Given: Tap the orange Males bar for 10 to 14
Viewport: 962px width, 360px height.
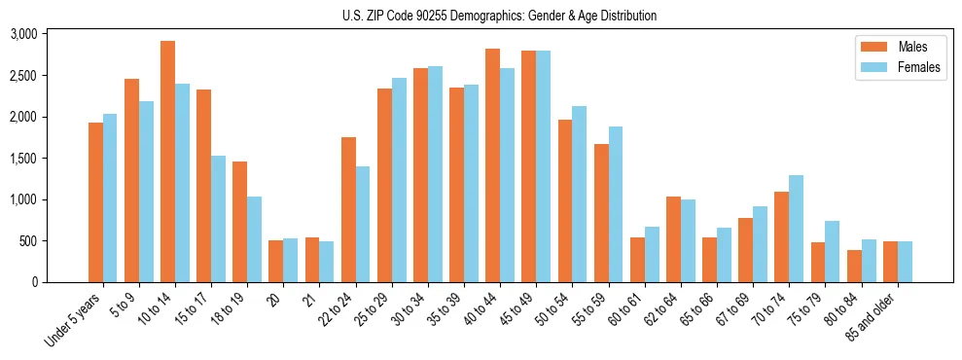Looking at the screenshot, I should point(167,162).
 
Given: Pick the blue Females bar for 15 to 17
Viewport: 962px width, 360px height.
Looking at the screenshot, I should point(218,219).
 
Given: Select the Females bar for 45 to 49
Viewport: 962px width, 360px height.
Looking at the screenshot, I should point(543,166).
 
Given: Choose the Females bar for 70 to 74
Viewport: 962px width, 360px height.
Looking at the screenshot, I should point(796,229).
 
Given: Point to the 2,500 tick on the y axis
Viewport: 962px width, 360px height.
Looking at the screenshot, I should point(23,76).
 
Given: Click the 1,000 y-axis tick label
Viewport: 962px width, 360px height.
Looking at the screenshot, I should point(23,199).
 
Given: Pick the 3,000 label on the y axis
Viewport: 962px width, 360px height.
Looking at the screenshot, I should point(23,34).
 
